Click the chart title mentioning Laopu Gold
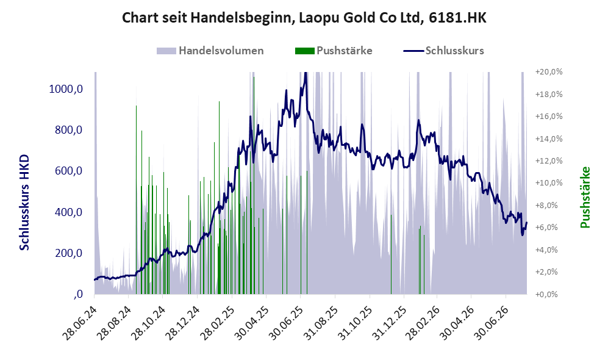pyautogui.click(x=304, y=18)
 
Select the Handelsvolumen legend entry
pyautogui.click(x=210, y=51)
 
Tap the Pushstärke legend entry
pyautogui.click(x=334, y=51)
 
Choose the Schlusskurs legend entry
pyautogui.click(x=443, y=51)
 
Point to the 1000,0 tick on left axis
pyautogui.click(x=66, y=89)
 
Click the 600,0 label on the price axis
pyautogui.click(x=69, y=171)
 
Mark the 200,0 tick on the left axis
pyautogui.click(x=69, y=253)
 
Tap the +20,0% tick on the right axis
pyautogui.click(x=549, y=72)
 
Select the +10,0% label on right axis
pyautogui.click(x=549, y=182)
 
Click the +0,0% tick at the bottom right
pyautogui.click(x=547, y=294)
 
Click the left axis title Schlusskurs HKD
pyautogui.click(x=24, y=203)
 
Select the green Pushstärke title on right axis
pyautogui.click(x=585, y=198)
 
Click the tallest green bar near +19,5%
pyautogui.click(x=254, y=185)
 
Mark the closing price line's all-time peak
pyautogui.click(x=306, y=73)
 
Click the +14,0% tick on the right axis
pyautogui.click(x=549, y=139)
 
